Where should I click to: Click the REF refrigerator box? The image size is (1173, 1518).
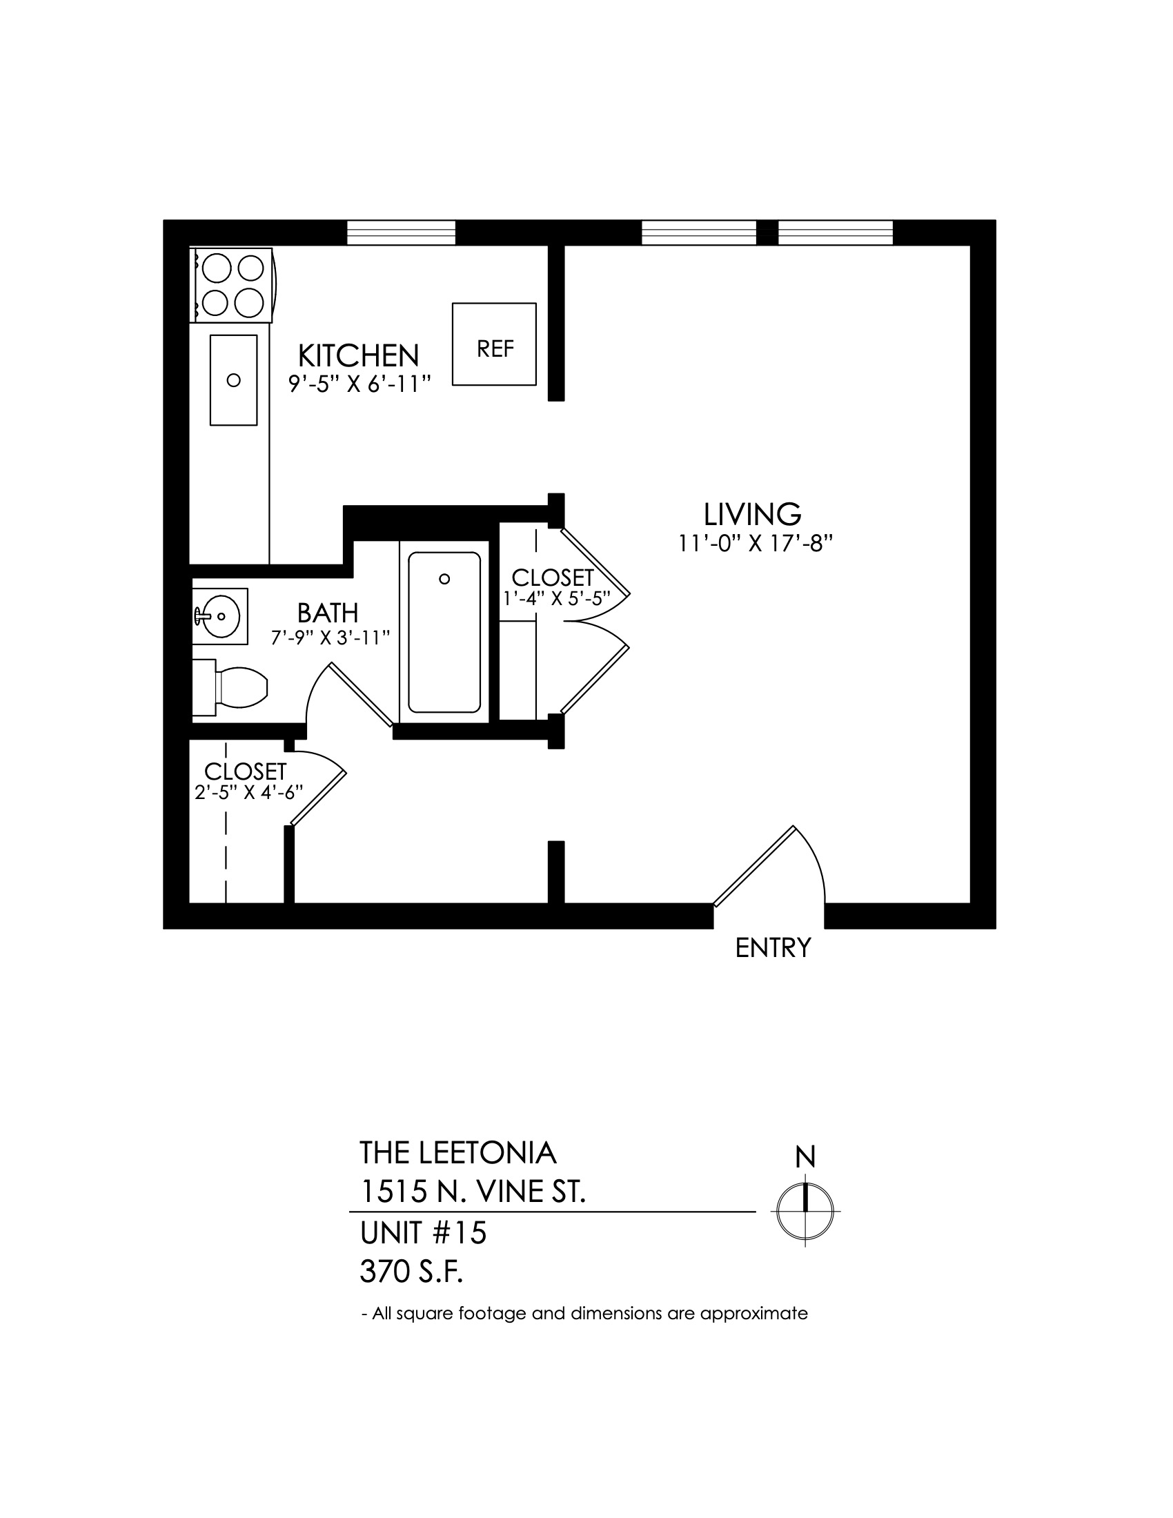point(494,344)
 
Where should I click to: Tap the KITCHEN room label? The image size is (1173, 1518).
point(359,356)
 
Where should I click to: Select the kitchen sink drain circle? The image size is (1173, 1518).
point(234,380)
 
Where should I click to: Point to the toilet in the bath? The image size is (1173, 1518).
point(230,688)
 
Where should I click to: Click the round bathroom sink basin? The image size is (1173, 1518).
point(221,615)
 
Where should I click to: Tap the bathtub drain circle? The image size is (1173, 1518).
point(445,579)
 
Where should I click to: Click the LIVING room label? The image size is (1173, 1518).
point(753,514)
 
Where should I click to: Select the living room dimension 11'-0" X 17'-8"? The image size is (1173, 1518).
point(756,544)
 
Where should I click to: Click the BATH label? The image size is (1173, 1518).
point(328,613)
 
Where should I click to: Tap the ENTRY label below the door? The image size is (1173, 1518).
point(773,948)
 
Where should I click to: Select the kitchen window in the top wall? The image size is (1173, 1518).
point(401,233)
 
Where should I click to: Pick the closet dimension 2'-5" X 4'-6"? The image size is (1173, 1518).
point(249,792)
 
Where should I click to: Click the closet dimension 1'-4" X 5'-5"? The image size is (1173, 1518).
point(557,598)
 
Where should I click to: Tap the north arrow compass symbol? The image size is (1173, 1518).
point(805,1210)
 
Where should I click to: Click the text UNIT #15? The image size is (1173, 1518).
point(423,1233)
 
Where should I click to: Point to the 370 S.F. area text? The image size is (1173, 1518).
point(411,1272)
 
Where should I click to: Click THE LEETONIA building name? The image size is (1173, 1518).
point(458,1153)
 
